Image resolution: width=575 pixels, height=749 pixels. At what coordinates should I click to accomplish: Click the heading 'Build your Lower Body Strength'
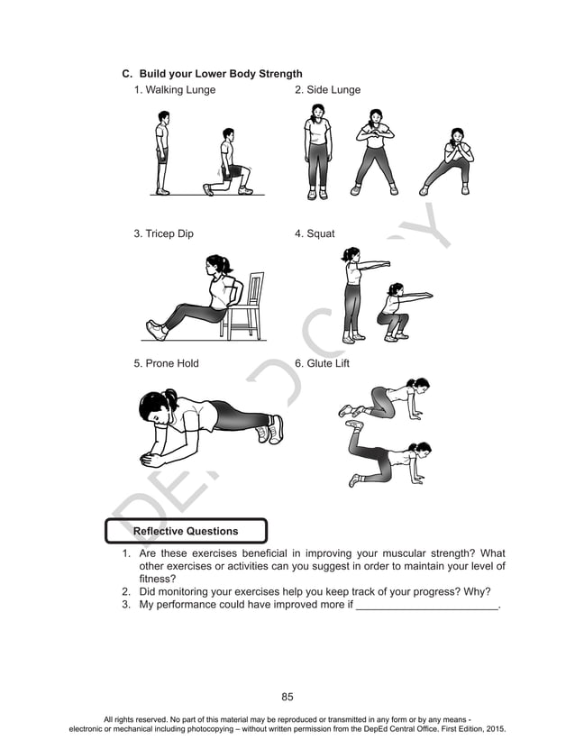220,73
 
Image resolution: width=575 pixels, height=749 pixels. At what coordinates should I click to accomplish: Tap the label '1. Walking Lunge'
175,90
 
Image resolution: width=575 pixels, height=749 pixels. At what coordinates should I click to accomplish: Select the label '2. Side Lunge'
327,90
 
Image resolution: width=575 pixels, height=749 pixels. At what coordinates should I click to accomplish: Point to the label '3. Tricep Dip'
163,234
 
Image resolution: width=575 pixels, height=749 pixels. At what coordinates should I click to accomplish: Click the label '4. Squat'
315,234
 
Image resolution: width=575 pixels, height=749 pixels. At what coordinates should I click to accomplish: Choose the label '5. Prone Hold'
166,364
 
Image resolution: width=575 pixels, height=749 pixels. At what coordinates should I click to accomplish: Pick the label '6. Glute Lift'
322,364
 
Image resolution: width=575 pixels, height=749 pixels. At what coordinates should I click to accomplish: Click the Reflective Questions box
186,531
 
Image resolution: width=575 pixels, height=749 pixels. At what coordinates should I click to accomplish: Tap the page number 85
287,697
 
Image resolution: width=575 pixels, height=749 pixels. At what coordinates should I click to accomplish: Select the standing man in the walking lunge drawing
162,152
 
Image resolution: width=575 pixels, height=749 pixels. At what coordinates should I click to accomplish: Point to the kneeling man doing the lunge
229,163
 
